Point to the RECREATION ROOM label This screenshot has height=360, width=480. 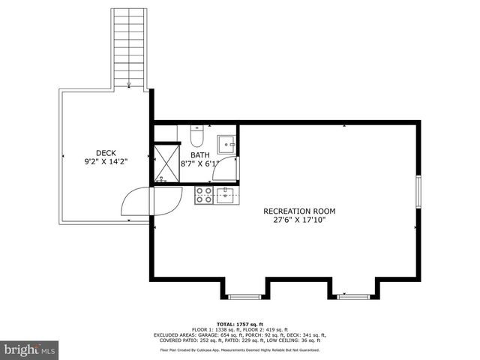point(299,211)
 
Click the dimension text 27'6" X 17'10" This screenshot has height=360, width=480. point(299,220)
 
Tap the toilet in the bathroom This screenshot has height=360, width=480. point(196,136)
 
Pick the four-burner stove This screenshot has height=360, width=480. point(203,196)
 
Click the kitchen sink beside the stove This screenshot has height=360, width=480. point(226,196)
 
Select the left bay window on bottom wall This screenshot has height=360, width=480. point(244,296)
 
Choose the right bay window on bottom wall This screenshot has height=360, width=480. point(352,296)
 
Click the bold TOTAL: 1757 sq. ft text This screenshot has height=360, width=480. point(240,323)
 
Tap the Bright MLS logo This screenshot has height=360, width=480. point(30,349)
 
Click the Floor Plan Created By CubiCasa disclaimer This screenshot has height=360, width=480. point(240,349)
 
